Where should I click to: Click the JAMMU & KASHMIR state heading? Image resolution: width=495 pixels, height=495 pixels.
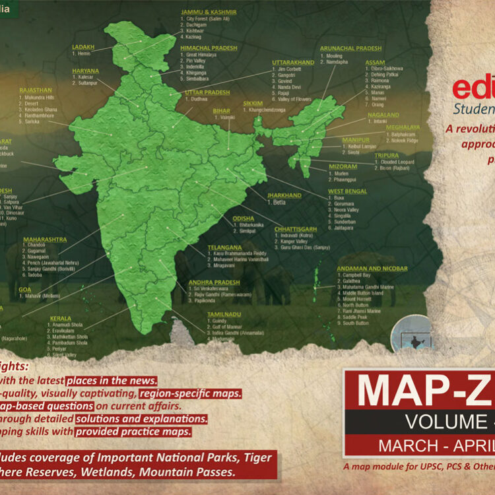point(208,12)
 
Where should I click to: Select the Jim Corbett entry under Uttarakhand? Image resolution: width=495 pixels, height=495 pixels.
point(291,69)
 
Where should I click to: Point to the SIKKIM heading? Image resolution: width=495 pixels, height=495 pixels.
point(253,104)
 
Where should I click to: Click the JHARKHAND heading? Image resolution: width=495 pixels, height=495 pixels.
point(284,195)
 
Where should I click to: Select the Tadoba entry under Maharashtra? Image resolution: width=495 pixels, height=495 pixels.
point(34,275)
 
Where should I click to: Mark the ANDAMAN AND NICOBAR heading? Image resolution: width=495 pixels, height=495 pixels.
point(372,269)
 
